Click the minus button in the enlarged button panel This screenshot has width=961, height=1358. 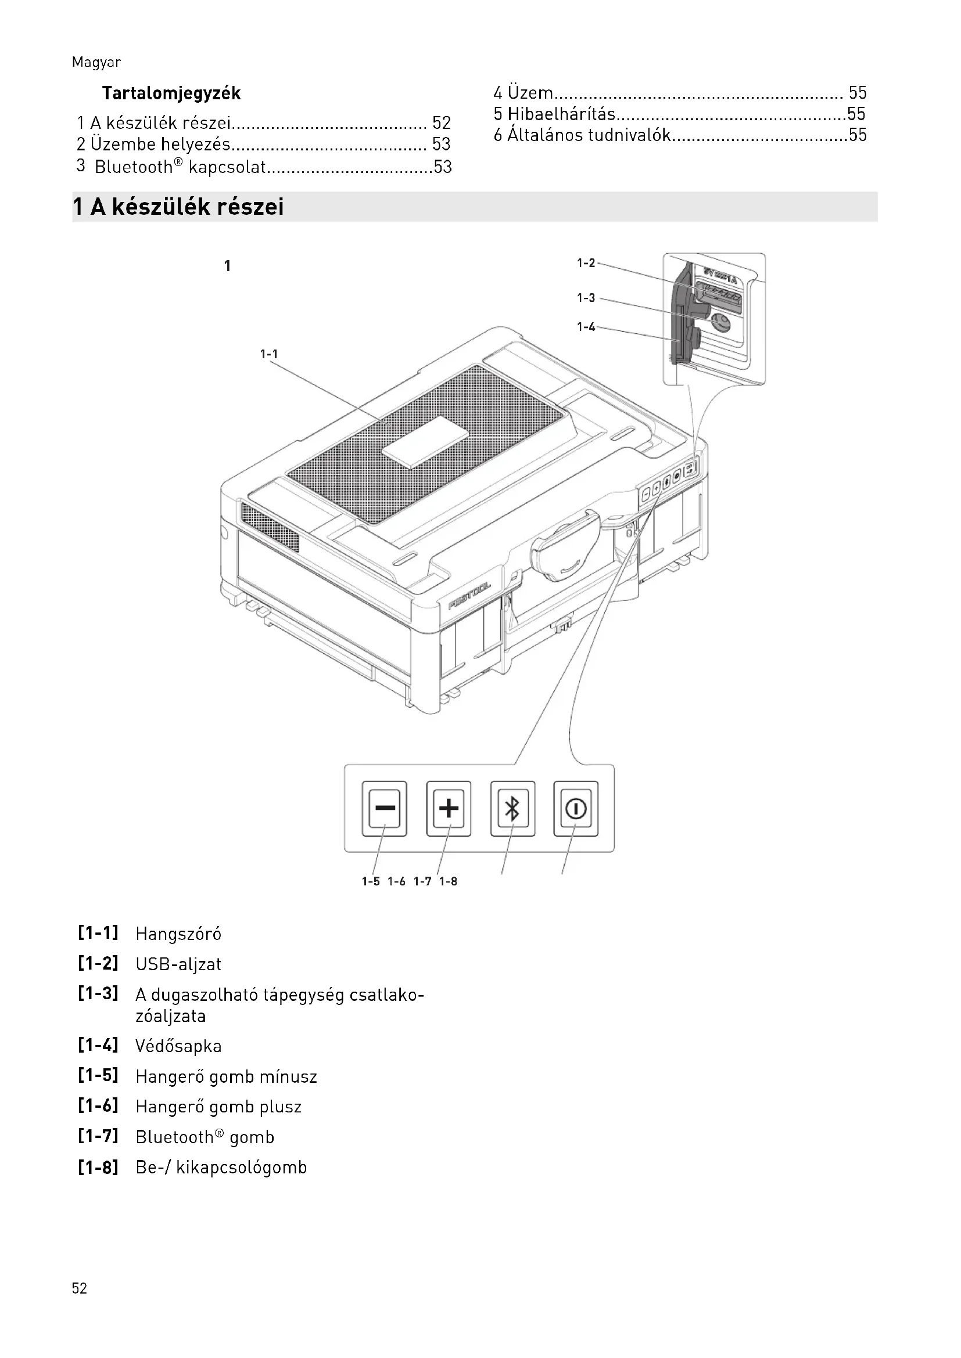point(385,808)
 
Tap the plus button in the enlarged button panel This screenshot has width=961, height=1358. point(449,808)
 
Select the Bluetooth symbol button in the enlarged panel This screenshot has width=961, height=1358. point(512,808)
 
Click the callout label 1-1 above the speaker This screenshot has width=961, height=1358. point(268,354)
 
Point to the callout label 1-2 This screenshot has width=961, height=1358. point(586,263)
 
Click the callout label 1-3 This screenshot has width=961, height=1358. point(586,298)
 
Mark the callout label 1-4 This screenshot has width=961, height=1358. point(586,327)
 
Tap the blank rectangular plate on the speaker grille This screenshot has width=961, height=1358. point(425,442)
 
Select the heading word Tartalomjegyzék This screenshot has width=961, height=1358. point(171,93)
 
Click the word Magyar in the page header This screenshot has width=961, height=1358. point(96,63)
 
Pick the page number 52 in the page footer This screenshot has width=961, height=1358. point(79,1288)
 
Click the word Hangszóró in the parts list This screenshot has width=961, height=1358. point(178,934)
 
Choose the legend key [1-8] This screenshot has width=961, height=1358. point(98,1167)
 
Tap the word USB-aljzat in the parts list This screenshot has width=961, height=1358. point(178,964)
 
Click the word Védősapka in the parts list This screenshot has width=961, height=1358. point(178,1046)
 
